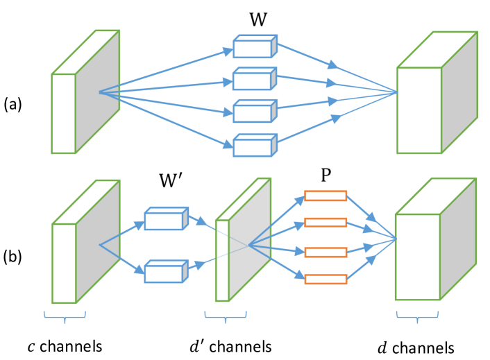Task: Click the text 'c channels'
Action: coord(65,345)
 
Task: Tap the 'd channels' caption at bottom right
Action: coord(416,346)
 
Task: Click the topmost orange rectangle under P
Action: coord(326,196)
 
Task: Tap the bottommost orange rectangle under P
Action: coord(326,279)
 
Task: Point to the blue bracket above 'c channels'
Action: coord(65,317)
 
